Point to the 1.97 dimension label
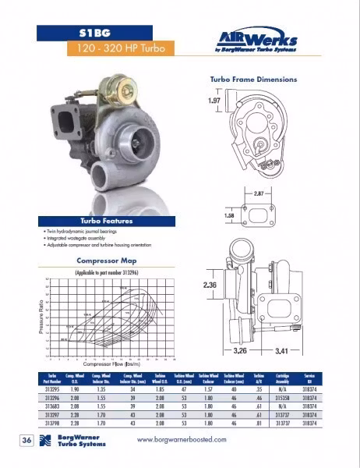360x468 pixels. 215,101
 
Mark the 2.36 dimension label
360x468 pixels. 210,285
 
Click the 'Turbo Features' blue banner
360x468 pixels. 111,221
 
